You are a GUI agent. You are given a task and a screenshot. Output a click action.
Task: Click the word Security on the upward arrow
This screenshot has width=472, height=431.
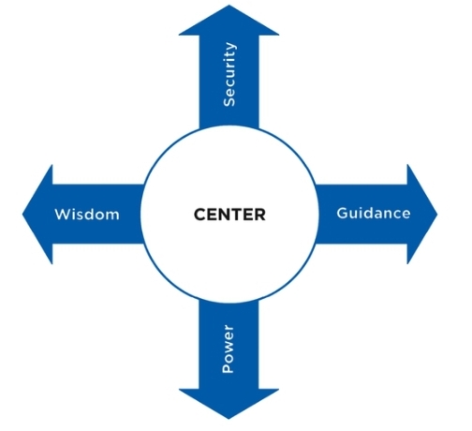[x=229, y=74]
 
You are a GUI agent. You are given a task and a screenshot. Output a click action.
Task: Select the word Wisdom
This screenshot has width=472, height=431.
[x=87, y=215]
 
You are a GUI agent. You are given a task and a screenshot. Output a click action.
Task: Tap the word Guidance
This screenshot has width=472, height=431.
[x=374, y=213]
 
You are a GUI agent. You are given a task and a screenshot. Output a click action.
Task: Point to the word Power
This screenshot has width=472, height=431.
[x=228, y=349]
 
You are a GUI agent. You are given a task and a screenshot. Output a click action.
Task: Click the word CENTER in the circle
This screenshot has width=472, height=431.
[x=229, y=215]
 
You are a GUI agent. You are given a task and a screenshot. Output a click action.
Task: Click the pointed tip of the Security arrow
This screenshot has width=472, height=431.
[x=229, y=5]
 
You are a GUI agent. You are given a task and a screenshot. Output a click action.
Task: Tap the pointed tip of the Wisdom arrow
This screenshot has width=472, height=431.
[x=22, y=215]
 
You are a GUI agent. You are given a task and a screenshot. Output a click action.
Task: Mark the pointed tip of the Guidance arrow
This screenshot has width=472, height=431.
[x=437, y=215]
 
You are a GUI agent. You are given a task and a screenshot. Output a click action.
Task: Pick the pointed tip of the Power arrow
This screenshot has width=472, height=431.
[x=229, y=419]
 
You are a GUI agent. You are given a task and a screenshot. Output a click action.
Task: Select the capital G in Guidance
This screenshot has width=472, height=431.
[x=343, y=213]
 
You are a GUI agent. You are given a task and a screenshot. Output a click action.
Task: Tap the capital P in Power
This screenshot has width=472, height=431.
[x=228, y=367]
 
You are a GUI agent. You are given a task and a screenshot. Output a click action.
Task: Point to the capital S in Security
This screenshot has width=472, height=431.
[x=229, y=101]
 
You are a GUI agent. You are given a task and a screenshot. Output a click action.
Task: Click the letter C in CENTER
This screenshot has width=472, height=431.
[x=200, y=215]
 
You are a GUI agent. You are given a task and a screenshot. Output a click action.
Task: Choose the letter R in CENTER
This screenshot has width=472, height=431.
[x=259, y=215]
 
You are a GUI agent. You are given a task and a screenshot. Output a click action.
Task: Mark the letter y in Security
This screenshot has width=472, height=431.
[x=230, y=47]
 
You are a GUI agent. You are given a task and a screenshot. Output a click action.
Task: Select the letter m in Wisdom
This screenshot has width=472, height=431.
[x=111, y=215]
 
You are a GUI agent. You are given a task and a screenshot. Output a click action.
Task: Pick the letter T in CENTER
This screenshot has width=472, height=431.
[x=235, y=215]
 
